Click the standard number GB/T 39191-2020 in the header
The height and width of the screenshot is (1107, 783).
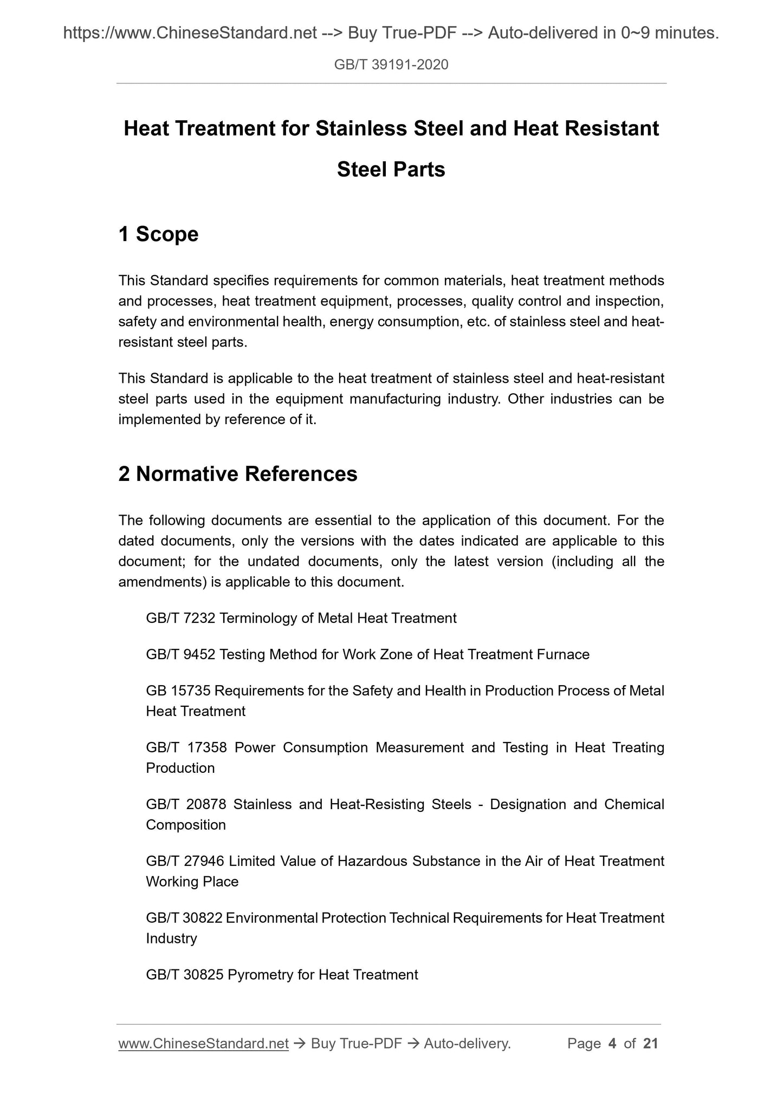coord(391,66)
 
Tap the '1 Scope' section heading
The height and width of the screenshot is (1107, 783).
coord(158,235)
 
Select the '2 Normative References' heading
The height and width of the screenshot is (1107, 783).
coord(237,474)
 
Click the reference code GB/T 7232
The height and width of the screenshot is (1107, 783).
coord(181,618)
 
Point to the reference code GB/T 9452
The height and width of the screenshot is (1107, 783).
coord(181,655)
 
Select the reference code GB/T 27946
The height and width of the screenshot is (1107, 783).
coord(185,862)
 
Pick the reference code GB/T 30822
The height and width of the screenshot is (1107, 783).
coord(184,919)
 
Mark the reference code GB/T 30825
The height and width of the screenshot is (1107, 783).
coord(184,975)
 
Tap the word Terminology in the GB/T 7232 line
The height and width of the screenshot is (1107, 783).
coord(258,618)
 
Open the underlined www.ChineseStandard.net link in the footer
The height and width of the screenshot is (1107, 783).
coord(203,1044)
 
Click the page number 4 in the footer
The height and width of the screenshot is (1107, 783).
coord(612,1044)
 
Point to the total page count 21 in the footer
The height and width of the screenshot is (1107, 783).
coord(650,1044)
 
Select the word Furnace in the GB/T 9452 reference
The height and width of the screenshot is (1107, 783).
coord(563,655)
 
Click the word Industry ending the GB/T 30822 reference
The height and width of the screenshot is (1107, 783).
coord(171,939)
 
